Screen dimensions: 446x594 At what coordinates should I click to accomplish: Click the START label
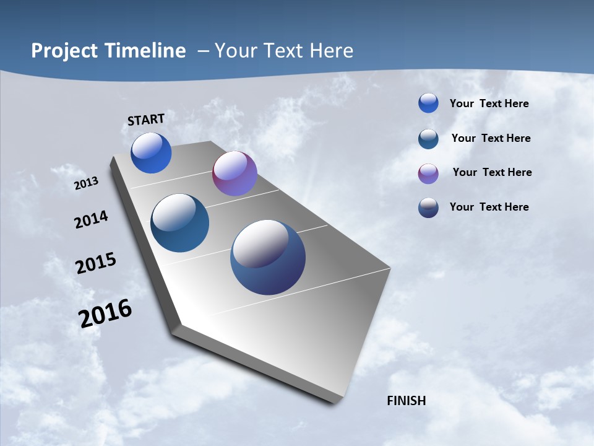146,120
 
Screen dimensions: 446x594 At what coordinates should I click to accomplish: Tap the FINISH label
407,401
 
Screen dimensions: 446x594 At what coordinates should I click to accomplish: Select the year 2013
86,183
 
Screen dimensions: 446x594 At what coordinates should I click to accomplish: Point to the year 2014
91,220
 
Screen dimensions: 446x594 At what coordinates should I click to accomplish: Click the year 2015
96,263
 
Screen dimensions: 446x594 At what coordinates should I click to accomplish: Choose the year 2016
105,313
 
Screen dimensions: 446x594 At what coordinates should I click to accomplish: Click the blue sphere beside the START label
151,153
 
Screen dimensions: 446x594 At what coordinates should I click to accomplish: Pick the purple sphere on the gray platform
235,173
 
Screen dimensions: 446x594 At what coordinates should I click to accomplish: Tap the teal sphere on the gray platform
180,223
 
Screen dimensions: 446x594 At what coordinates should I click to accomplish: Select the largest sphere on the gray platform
268,257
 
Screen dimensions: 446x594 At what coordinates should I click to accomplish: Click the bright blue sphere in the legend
428,103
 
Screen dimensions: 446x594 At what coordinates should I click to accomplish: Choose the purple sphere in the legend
428,173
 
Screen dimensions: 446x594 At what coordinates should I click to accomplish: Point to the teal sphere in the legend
428,139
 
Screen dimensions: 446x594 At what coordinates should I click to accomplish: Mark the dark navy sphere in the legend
428,208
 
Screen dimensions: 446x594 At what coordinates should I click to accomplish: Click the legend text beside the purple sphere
492,172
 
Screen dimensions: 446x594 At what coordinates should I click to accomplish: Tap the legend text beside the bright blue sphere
489,103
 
